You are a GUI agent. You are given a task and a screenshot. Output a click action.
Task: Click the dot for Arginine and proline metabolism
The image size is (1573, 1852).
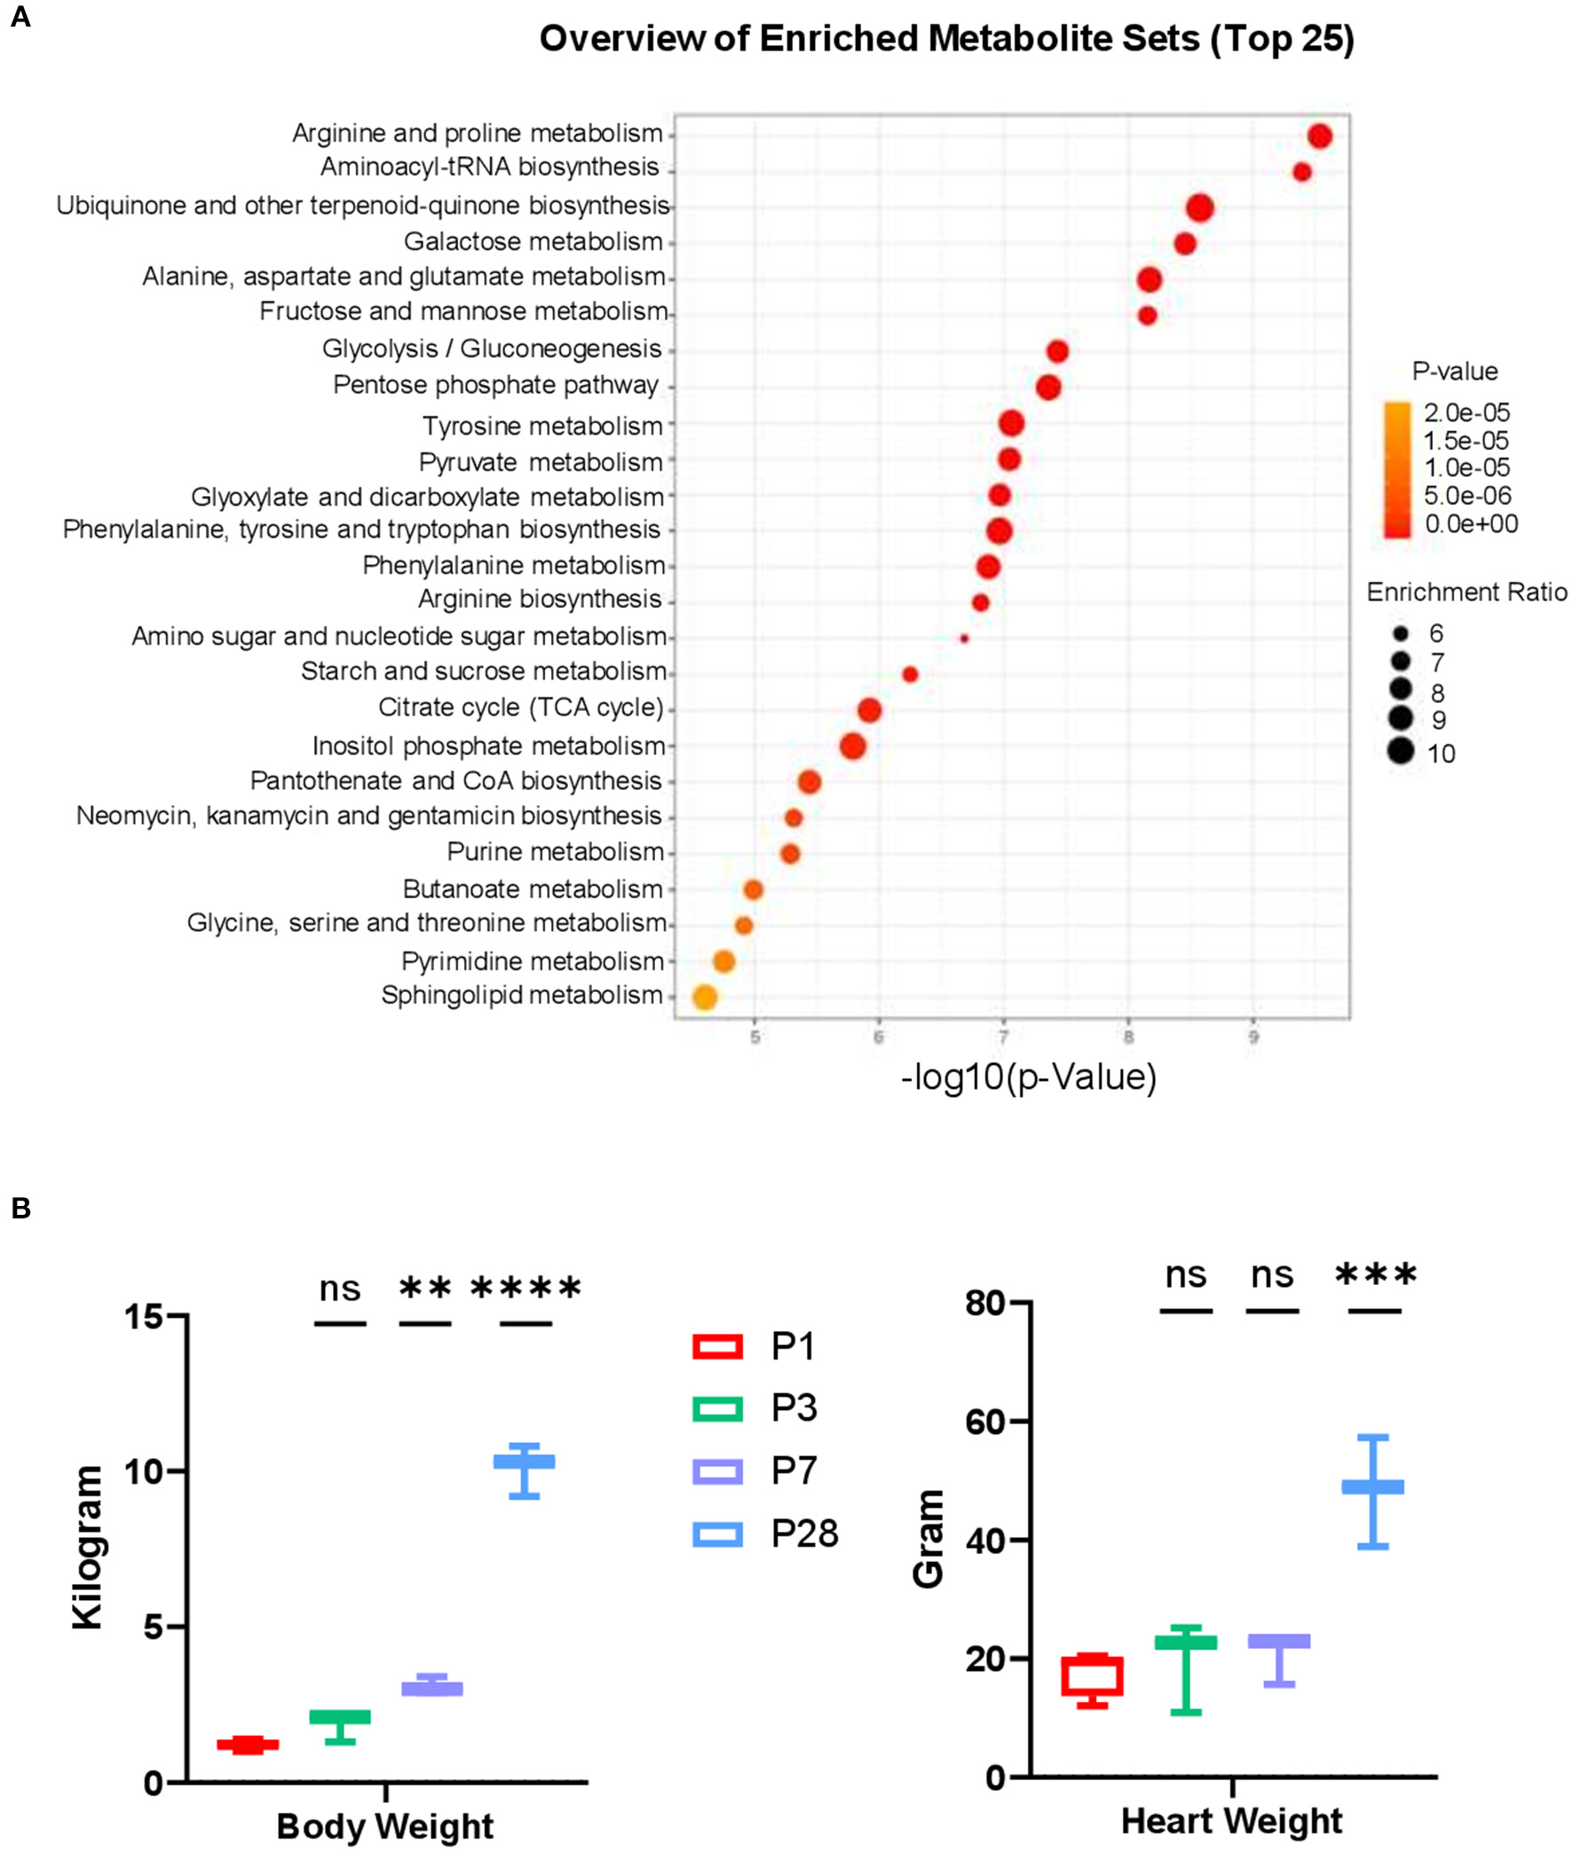click(x=1320, y=137)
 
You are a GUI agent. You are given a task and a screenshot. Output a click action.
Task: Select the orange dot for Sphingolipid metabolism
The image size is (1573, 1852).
click(x=705, y=997)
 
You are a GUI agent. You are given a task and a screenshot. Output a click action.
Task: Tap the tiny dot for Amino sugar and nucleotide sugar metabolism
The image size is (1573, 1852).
click(x=964, y=638)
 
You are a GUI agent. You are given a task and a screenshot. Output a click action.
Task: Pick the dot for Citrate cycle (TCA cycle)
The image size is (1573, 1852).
click(x=869, y=710)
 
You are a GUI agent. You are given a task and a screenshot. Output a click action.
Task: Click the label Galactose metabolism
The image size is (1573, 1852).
click(x=533, y=241)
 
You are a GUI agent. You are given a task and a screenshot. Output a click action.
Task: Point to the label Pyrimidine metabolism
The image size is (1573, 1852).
click(x=533, y=962)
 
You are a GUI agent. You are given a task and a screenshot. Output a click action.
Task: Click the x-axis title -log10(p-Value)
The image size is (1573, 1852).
click(x=1028, y=1076)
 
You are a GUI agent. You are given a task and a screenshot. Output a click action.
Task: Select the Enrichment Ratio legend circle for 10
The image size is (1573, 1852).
click(x=1401, y=752)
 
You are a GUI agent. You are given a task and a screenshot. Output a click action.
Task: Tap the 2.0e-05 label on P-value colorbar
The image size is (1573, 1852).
click(x=1466, y=413)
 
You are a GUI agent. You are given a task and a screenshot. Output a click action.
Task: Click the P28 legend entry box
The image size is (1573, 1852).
click(x=717, y=1533)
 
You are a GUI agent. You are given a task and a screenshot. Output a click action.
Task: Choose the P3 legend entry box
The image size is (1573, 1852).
click(x=717, y=1408)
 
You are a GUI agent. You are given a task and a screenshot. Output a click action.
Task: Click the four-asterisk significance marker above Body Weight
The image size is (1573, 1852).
click(x=526, y=1289)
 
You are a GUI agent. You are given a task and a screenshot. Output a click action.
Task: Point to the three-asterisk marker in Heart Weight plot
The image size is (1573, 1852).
click(x=1375, y=1275)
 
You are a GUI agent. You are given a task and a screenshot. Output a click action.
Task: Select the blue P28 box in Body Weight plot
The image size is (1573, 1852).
click(x=525, y=1462)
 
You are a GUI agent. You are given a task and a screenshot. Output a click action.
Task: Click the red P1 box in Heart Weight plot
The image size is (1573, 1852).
click(x=1092, y=1676)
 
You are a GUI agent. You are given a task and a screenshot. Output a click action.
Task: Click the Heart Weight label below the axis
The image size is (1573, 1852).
click(x=1230, y=1821)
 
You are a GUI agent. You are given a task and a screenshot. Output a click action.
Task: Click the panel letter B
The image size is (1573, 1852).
click(x=20, y=1209)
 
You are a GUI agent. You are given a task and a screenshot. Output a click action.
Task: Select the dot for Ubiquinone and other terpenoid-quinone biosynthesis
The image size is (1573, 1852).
click(x=1200, y=208)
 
